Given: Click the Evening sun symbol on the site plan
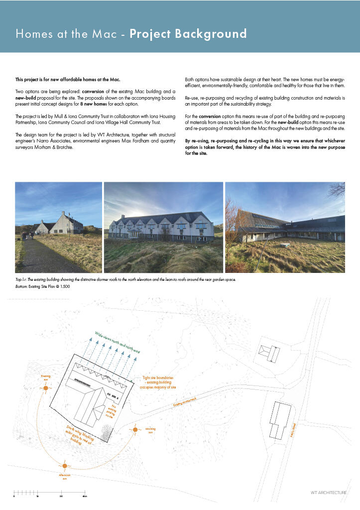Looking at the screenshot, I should pyautogui.click(x=45, y=387).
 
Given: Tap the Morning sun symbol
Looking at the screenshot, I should pyautogui.click(x=134, y=429).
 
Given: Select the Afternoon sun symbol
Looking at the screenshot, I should pyautogui.click(x=64, y=466).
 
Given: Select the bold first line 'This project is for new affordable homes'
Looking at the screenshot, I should pyautogui.click(x=68, y=80).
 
